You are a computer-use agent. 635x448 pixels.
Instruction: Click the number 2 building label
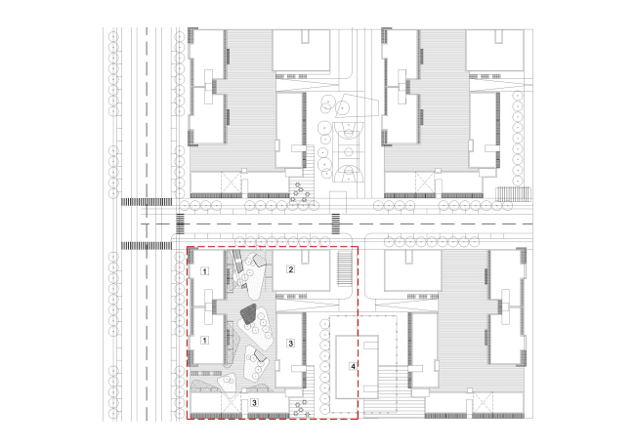click(290, 269)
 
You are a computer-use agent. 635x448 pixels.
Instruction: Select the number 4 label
click(353, 366)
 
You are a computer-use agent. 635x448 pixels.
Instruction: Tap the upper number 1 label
click(205, 271)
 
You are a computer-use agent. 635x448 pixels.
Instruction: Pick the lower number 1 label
click(205, 341)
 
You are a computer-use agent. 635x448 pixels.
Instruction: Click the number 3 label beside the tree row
click(290, 344)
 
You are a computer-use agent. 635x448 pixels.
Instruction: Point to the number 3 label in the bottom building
click(254, 403)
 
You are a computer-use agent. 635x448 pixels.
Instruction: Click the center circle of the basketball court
click(349, 152)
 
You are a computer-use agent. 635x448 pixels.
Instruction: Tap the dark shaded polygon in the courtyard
click(249, 313)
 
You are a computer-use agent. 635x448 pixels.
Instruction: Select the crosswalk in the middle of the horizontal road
click(336, 224)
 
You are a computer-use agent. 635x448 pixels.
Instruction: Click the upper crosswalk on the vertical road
click(147, 202)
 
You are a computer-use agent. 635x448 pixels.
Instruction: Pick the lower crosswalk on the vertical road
click(147, 245)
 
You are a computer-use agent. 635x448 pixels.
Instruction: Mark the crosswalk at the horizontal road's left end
click(180, 224)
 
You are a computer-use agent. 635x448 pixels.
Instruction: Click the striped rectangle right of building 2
click(345, 268)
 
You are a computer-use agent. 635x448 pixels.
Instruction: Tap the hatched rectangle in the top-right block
click(514, 194)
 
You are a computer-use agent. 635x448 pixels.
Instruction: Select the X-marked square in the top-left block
click(232, 183)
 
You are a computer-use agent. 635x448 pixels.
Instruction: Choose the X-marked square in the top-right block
click(425, 183)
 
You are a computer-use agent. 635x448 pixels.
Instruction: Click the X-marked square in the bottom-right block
click(484, 402)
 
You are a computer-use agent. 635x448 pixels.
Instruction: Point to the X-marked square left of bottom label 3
click(232, 402)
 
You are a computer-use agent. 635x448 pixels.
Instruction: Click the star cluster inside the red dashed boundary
click(301, 408)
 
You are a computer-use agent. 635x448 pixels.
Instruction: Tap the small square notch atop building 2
click(305, 256)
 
